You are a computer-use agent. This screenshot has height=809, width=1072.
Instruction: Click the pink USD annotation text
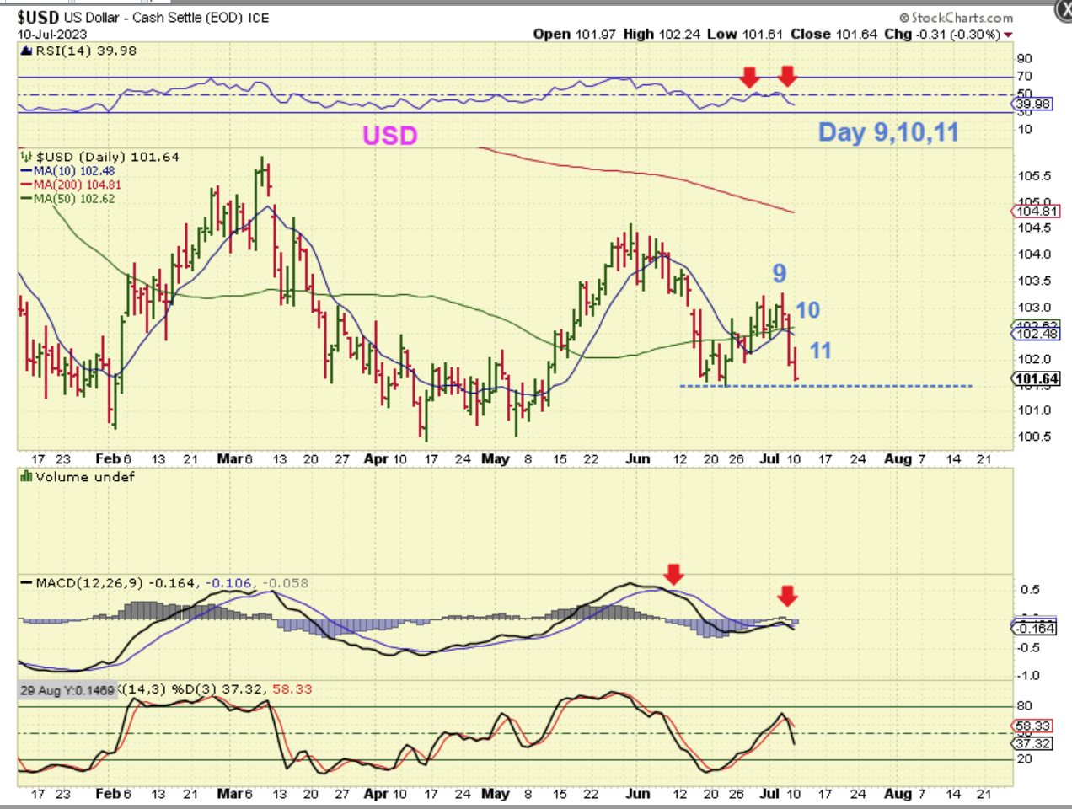(x=389, y=136)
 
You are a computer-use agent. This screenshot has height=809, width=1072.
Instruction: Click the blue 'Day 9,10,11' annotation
(x=888, y=132)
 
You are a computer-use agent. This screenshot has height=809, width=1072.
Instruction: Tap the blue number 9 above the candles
(x=780, y=273)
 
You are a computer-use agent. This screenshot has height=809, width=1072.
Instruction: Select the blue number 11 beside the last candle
(x=820, y=351)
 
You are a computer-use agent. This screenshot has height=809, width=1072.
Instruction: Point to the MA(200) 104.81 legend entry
(x=77, y=185)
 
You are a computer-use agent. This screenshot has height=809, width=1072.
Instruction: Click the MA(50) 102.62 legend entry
(x=74, y=199)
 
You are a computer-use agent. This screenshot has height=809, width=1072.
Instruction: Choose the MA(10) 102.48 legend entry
(x=74, y=171)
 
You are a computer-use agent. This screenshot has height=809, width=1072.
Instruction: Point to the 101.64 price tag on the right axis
(x=1037, y=379)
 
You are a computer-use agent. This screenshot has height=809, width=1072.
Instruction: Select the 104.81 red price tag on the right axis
(x=1037, y=212)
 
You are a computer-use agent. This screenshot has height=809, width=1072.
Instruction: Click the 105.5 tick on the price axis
(x=1034, y=176)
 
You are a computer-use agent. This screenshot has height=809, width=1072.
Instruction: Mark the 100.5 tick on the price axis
(x=1034, y=437)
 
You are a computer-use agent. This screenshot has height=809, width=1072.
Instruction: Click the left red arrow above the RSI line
(x=749, y=78)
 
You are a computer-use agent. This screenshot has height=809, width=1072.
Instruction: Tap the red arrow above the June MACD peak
(x=673, y=575)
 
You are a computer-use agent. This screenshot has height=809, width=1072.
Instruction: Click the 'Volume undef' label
(x=84, y=477)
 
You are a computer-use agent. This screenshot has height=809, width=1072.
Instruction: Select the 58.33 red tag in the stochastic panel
(x=1033, y=726)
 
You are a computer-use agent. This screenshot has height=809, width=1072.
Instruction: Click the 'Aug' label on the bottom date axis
(x=898, y=793)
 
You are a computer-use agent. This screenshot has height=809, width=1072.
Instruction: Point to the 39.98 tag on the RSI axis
(x=1035, y=104)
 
